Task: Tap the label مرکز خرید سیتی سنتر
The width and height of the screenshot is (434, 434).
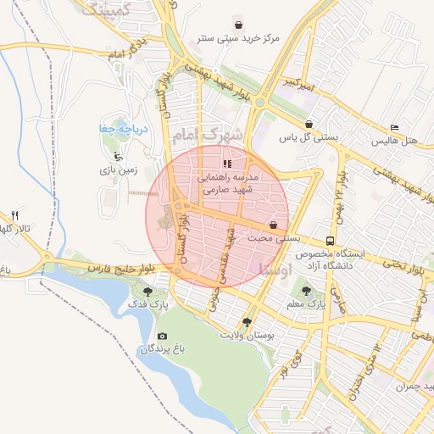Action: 238,39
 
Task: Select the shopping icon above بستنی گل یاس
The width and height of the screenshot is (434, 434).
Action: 309,122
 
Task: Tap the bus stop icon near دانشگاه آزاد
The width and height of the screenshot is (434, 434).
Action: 330,241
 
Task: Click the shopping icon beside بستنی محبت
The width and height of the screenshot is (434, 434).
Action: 273,226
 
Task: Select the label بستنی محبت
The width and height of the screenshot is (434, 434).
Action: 275,240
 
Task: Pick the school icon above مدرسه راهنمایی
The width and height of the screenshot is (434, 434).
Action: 226,164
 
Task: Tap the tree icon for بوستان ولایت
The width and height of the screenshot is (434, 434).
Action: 247,322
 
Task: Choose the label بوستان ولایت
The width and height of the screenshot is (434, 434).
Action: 249,336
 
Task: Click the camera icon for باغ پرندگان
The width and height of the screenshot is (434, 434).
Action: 162,337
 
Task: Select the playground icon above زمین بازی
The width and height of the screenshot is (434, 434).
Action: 118,156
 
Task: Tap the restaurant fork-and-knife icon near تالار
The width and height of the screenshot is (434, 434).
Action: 14,215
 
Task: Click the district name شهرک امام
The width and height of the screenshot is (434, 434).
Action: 207,135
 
